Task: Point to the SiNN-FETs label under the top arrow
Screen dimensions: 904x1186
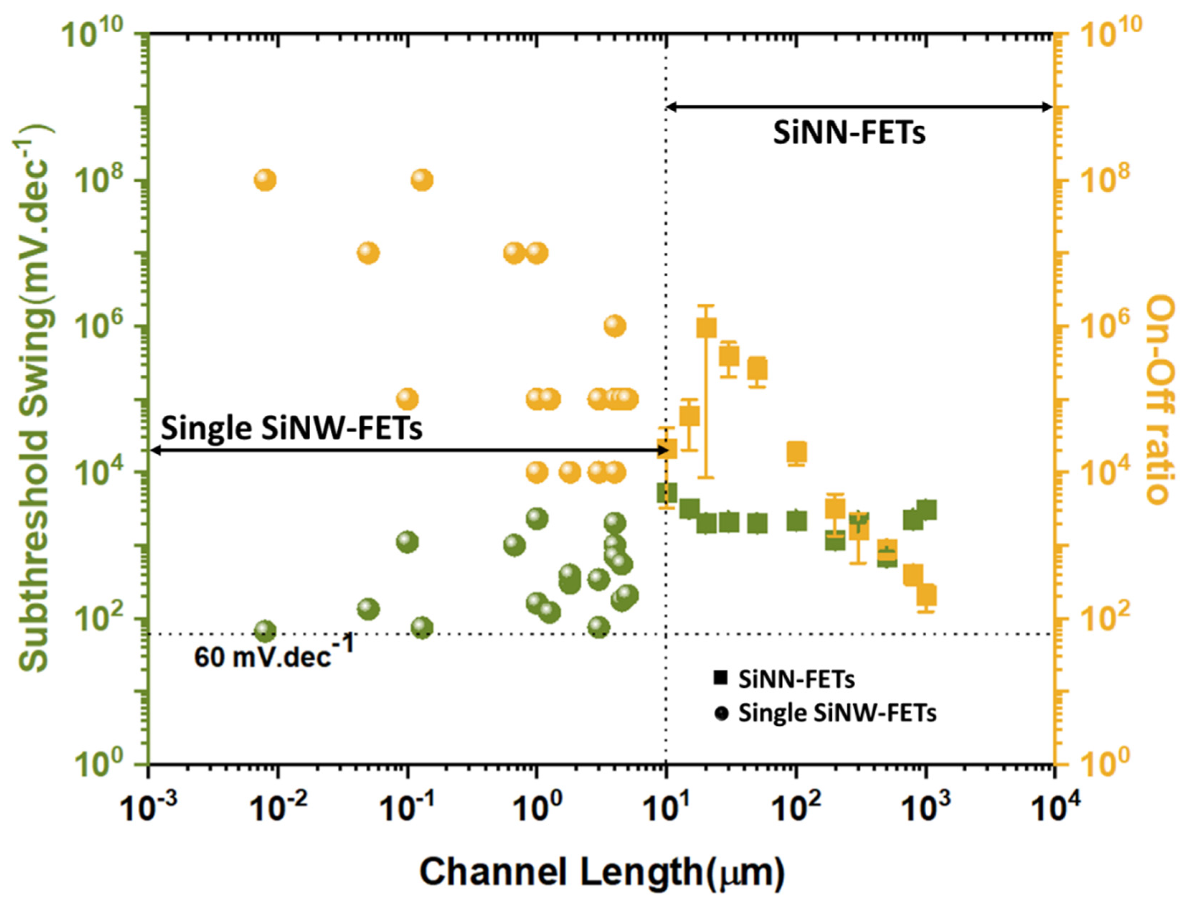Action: pyautogui.click(x=850, y=133)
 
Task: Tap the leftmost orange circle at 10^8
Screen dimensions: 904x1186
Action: pyautogui.click(x=265, y=180)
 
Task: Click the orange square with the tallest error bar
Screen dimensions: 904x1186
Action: pyautogui.click(x=707, y=328)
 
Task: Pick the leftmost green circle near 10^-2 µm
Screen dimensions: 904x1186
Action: pyautogui.click(x=265, y=630)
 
